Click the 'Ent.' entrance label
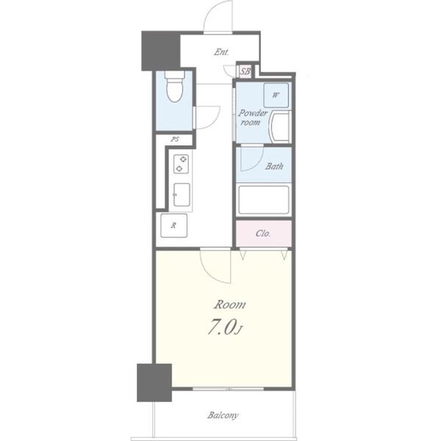coord(221,52)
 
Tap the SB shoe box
coord(245,71)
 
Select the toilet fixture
coord(175,86)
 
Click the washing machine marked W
coord(276,95)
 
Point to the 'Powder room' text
coord(252,118)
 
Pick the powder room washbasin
coord(280,127)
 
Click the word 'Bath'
coord(274,166)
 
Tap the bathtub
coord(264,200)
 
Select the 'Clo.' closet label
coord(263,234)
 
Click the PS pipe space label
coord(175,139)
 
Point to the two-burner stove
coord(181,164)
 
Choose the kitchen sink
coord(182,195)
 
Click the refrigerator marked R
coord(173,226)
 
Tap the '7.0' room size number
coord(221,327)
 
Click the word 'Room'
coord(229,305)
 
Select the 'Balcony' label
coord(223,415)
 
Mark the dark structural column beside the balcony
coord(154,382)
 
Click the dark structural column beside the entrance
coord(160,51)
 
